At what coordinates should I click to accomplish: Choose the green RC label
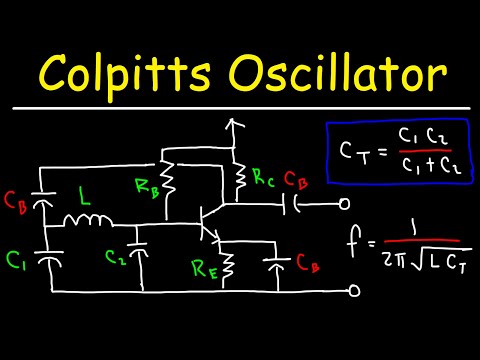pos(264,180)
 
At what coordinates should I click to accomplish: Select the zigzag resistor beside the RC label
pos(240,178)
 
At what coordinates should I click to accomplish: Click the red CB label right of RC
pos(297,181)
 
